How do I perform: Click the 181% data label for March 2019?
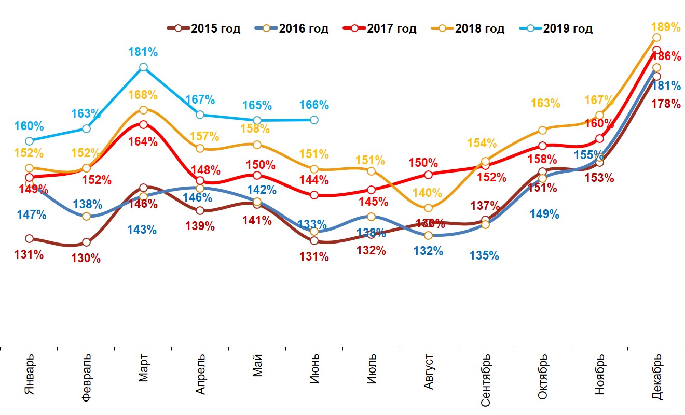point(143,52)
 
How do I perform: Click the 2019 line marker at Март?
point(143,67)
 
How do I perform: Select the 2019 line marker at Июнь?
point(314,120)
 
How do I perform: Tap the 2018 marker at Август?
point(428,208)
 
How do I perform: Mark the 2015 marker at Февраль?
point(86,242)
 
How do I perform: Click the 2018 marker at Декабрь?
point(656,38)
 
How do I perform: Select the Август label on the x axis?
point(429,374)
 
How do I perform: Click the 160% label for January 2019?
point(29,126)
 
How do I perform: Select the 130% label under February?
point(86,258)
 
